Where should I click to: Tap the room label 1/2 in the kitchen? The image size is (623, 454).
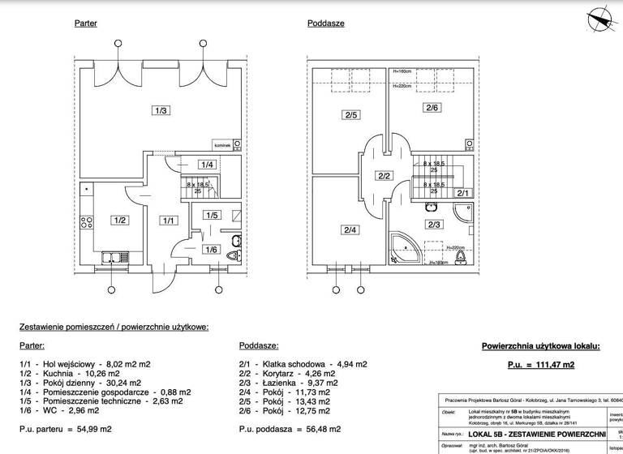(119, 220)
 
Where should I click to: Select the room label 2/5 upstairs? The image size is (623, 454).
(350, 115)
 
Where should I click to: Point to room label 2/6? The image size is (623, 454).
(431, 108)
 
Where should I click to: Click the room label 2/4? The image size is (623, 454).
(350, 230)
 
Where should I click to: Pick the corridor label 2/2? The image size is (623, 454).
(384, 176)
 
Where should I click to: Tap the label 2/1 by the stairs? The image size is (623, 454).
(463, 193)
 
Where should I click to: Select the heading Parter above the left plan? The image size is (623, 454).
(85, 24)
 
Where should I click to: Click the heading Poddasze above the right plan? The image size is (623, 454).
(325, 24)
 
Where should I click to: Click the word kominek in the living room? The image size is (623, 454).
(222, 145)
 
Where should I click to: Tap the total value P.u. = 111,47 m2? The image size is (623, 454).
(540, 366)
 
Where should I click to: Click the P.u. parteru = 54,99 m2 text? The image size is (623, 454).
(66, 428)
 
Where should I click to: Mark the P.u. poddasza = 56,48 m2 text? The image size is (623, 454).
(290, 428)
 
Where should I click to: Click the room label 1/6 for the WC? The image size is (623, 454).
(211, 249)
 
